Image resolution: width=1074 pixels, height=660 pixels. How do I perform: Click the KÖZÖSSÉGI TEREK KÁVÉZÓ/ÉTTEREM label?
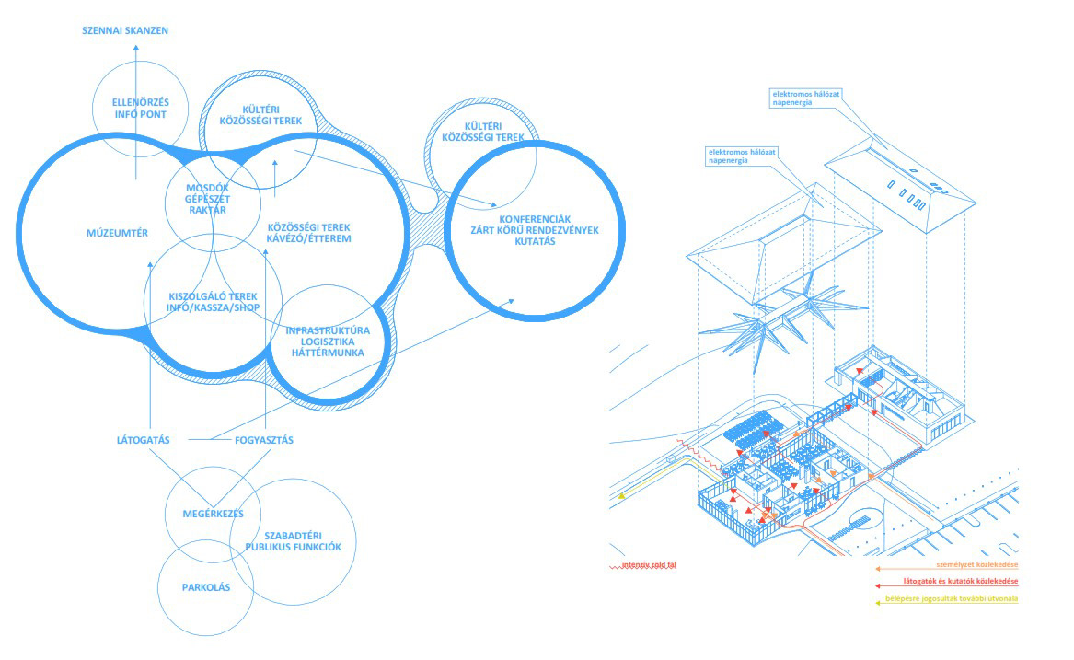tap(309, 233)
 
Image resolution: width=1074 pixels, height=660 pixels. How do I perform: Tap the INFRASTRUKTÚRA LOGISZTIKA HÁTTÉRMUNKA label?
tap(327, 341)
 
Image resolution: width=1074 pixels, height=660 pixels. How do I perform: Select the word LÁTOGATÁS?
tap(144, 440)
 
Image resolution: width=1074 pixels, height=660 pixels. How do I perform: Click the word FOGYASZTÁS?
tap(264, 440)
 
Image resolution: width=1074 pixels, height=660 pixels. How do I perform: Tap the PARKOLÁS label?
tap(193, 587)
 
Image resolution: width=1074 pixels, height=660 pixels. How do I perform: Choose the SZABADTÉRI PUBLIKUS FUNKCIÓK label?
tap(293, 540)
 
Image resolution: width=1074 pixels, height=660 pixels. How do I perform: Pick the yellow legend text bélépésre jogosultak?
tap(963, 599)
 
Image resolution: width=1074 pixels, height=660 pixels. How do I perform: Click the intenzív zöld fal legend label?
tap(649, 564)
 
